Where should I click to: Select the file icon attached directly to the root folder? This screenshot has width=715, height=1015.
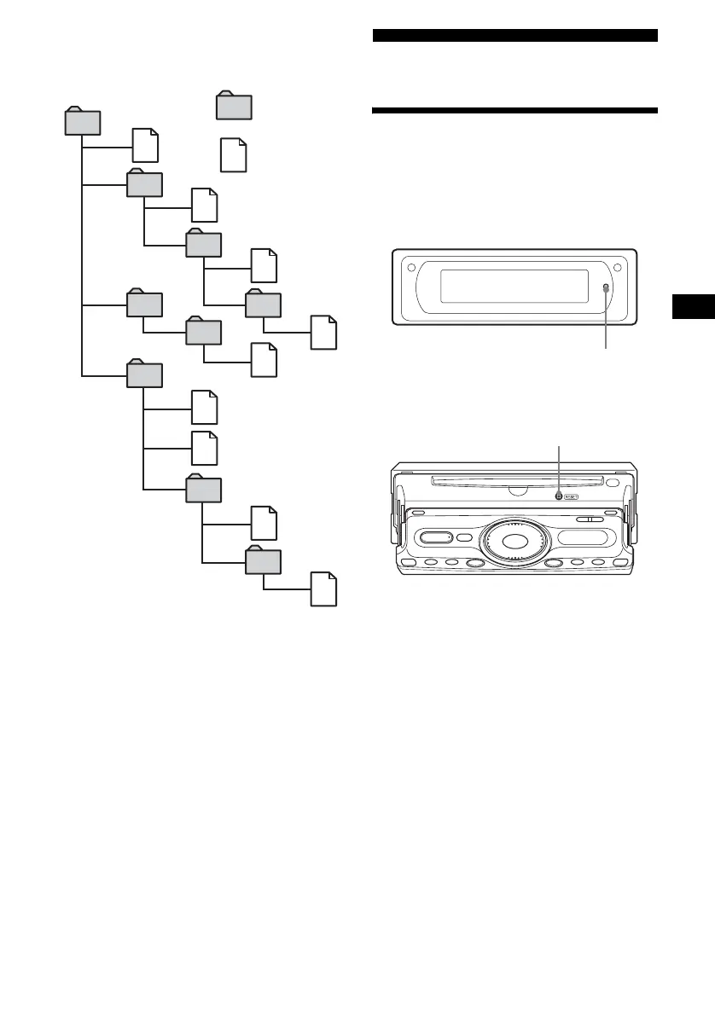point(145,146)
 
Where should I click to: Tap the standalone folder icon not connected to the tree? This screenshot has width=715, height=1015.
point(234,107)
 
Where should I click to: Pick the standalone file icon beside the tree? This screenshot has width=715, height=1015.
point(233,155)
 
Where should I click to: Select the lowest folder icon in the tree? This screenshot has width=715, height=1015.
point(263,560)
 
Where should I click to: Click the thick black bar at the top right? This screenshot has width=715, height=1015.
point(515,35)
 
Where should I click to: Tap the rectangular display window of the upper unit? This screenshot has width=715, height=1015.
point(514,287)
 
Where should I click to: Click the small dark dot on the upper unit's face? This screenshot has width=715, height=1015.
point(606,288)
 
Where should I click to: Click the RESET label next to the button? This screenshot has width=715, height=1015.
point(571,496)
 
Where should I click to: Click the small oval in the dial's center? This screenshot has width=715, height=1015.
point(515,542)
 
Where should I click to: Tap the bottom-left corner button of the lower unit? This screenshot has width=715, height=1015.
point(410,564)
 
